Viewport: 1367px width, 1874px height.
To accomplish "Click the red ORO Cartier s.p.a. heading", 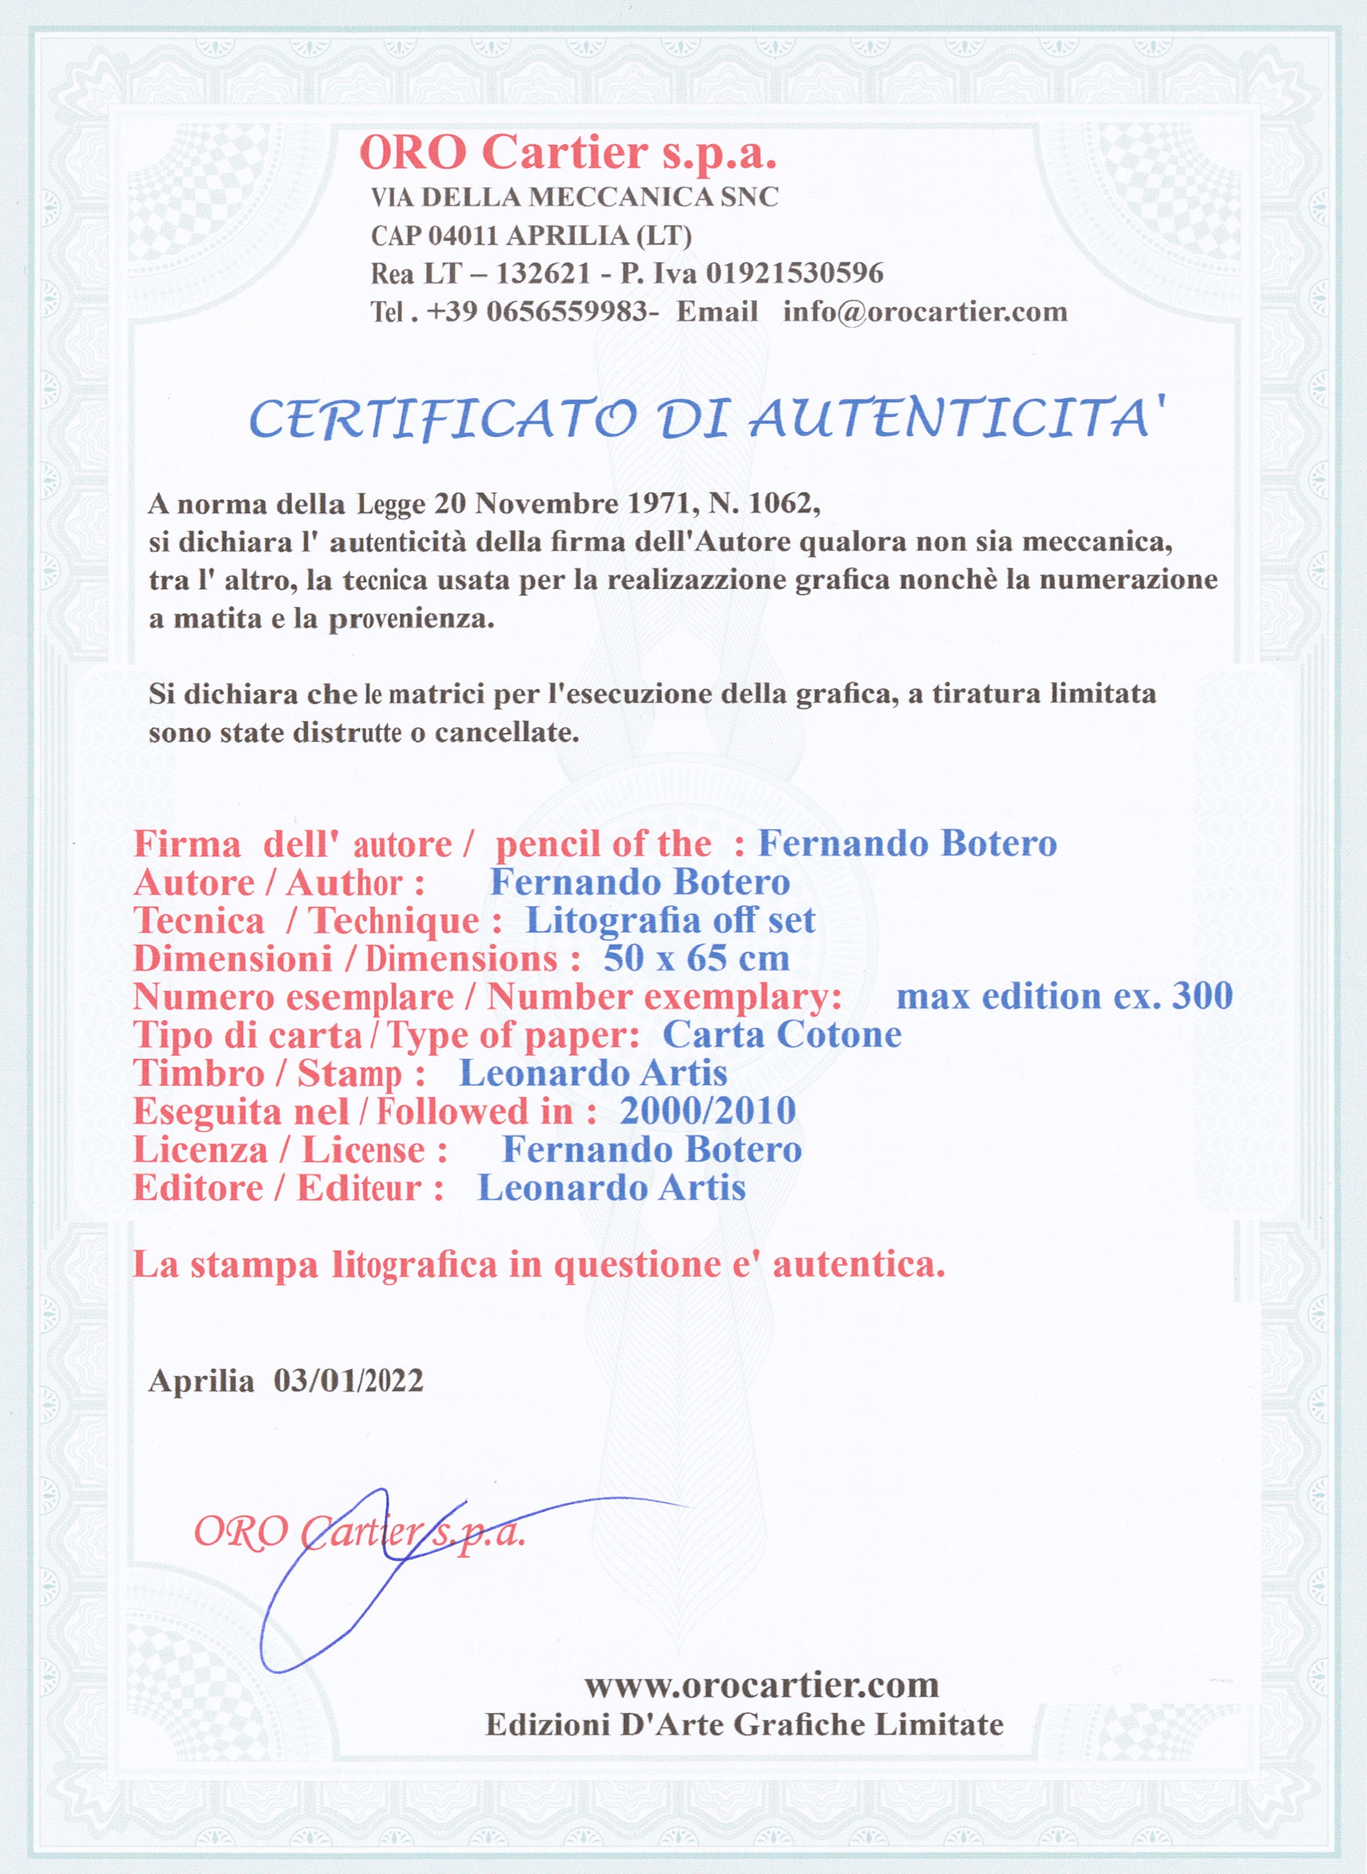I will (x=568, y=154).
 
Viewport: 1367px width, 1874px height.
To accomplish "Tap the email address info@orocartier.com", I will (x=924, y=312).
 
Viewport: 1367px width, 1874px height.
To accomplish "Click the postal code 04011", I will (x=464, y=236).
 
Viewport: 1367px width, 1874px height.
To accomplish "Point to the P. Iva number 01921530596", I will (x=795, y=273).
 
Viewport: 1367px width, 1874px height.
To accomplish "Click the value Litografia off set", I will (x=670, y=921).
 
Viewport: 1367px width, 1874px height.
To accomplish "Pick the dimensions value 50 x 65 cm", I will (x=696, y=959).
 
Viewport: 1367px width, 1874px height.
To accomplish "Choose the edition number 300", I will (x=1202, y=996).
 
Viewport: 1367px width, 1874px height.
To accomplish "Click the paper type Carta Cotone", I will (x=782, y=1035).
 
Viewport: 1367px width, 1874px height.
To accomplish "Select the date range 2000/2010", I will (x=707, y=1111).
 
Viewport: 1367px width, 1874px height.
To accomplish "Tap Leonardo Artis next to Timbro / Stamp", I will (x=593, y=1073).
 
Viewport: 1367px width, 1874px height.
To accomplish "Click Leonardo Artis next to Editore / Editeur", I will (x=611, y=1188).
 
